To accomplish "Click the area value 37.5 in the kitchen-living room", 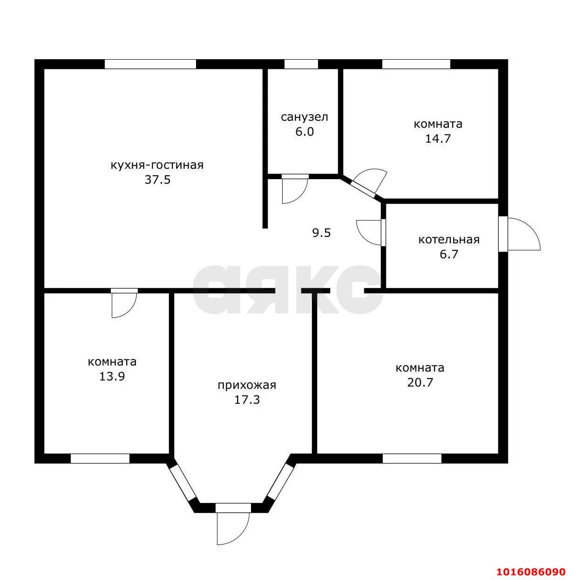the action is point(157,180).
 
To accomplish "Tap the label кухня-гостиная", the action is point(157,165).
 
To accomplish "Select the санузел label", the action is point(304,117).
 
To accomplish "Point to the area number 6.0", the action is point(304,131).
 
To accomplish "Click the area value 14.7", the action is point(438,138).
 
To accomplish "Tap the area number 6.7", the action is point(449,255).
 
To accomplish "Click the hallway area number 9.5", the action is point(321,233).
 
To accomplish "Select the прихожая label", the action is point(247,385).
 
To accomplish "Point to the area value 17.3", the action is point(247,400).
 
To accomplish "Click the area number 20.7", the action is point(420,383).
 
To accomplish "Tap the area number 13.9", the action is point(112,376).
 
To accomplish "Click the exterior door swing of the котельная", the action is point(523,234).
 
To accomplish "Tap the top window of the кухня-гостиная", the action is point(150,64).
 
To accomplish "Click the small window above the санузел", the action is point(301,64).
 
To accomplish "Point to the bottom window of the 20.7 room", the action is point(412,458).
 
